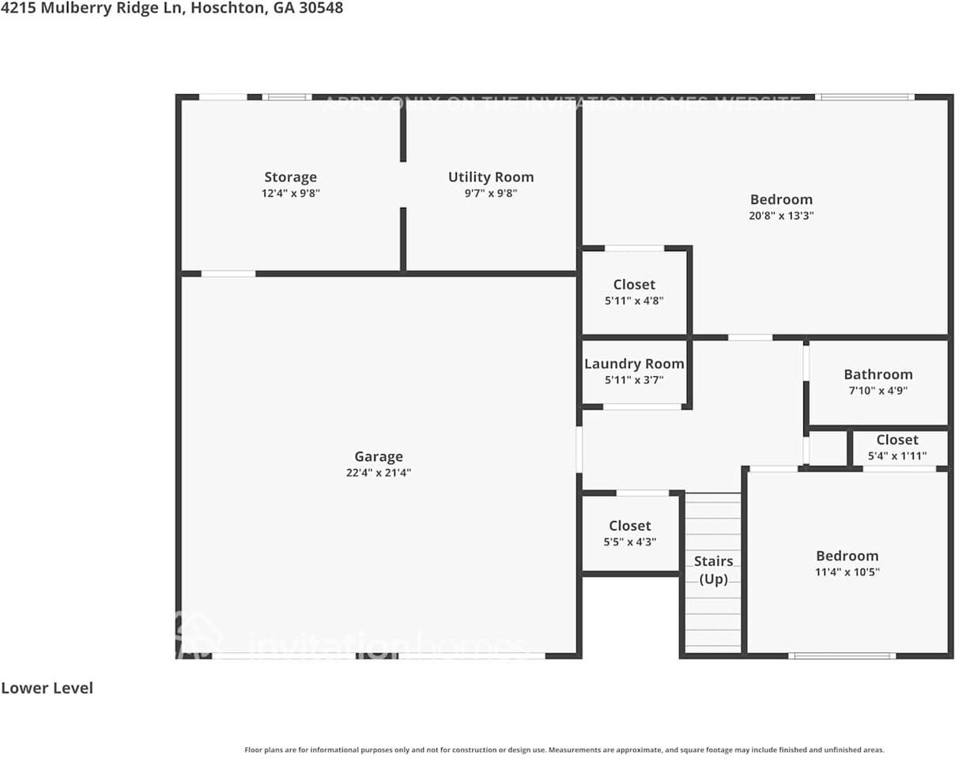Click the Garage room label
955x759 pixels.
coord(378,456)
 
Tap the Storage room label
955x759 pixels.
coord(290,177)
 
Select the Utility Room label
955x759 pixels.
coord(490,177)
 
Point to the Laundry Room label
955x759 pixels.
coord(634,364)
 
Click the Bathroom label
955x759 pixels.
coord(878,374)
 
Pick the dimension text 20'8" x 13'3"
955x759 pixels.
coord(781,215)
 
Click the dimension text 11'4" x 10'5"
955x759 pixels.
coord(847,572)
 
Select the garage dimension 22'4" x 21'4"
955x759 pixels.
coord(378,473)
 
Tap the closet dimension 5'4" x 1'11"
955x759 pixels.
coord(896,456)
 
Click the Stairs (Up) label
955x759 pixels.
coord(713,569)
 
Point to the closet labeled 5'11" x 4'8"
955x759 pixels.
coord(634,292)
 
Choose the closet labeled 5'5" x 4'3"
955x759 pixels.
coord(630,533)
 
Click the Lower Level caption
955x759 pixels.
coord(47,688)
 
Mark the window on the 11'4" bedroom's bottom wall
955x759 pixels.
coord(842,655)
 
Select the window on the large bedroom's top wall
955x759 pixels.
coord(864,97)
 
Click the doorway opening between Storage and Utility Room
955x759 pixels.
coord(402,184)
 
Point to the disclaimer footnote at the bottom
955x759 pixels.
coord(564,750)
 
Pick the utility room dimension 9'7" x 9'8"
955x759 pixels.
coord(490,193)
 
